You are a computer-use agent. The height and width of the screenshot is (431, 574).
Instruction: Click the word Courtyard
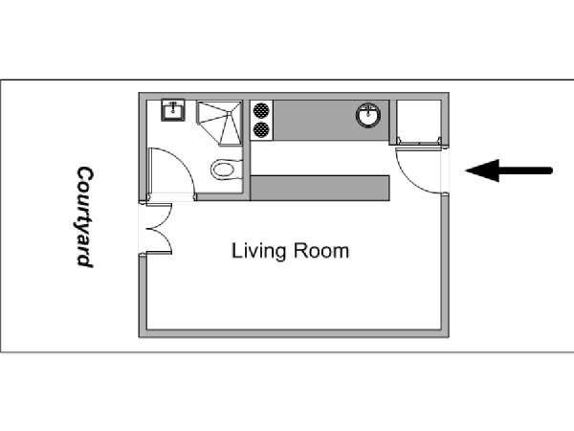[x=85, y=217]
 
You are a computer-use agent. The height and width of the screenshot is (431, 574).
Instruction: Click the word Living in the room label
[x=258, y=252]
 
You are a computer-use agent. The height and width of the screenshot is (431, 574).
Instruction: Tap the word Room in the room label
[x=321, y=251]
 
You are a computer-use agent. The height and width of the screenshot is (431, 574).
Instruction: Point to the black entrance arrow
[x=509, y=170]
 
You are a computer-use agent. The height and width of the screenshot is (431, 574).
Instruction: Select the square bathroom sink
[x=173, y=110]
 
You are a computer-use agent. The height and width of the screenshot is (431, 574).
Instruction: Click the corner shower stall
[x=220, y=124]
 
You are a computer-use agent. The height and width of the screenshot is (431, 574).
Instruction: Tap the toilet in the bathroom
[x=227, y=170]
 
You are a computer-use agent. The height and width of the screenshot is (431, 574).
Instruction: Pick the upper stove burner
[x=261, y=109]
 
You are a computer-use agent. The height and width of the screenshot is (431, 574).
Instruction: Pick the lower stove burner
[x=261, y=129]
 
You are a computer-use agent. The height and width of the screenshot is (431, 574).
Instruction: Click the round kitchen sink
[x=368, y=115]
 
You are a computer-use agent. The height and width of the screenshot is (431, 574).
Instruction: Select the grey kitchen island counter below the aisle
[x=320, y=188]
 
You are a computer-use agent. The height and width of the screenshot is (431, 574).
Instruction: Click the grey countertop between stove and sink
[x=315, y=120]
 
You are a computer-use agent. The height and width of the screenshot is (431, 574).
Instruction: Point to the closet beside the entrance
[x=419, y=121]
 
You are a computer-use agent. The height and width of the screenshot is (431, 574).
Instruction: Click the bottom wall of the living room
[x=294, y=333]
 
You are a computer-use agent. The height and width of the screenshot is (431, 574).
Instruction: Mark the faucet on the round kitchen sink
[x=368, y=109]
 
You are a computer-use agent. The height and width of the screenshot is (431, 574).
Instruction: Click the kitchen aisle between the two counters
[x=320, y=158]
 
